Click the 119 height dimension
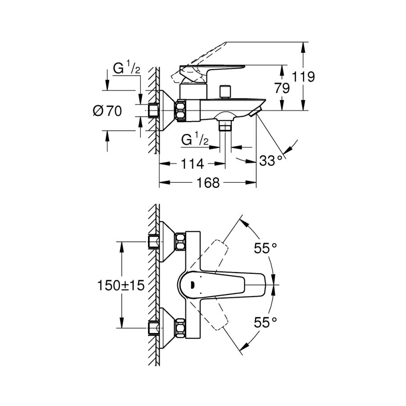click(303, 77)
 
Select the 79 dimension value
click(282, 88)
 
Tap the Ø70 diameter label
click(107, 111)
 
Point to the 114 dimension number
click(192, 164)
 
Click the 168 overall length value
click(208, 183)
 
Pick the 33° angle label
click(271, 161)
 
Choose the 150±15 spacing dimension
click(120, 286)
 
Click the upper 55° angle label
click(265, 248)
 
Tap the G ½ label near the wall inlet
click(127, 68)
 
